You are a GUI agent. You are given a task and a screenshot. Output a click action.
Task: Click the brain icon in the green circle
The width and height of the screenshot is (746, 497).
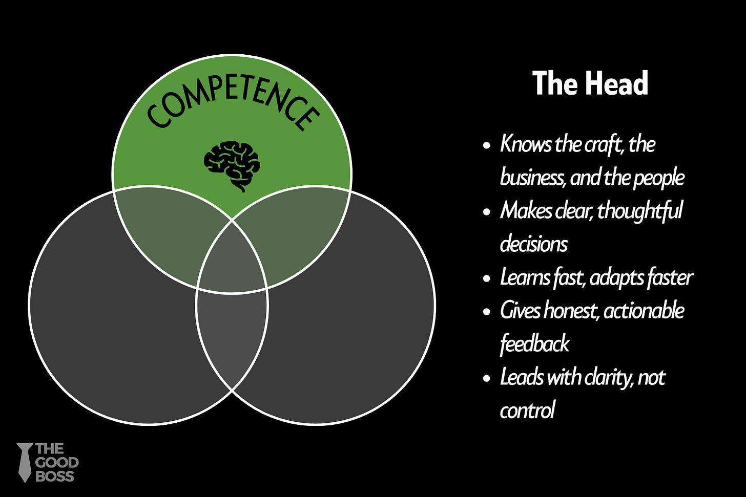point(232,162)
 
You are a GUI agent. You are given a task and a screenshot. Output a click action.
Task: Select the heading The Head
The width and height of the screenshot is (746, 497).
point(590,83)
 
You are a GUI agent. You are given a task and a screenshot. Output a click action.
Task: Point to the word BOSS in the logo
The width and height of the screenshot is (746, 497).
point(55,477)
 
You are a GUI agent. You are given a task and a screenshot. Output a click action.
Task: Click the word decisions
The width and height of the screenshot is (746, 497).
point(534,244)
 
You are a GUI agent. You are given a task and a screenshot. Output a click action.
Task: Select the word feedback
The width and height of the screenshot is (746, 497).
point(534,343)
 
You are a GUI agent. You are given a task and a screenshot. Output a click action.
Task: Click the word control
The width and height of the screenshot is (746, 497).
point(527,410)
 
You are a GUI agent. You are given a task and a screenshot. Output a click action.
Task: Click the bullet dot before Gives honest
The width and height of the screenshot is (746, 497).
point(487,312)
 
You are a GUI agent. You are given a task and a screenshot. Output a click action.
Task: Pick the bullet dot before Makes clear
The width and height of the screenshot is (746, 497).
point(487,212)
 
